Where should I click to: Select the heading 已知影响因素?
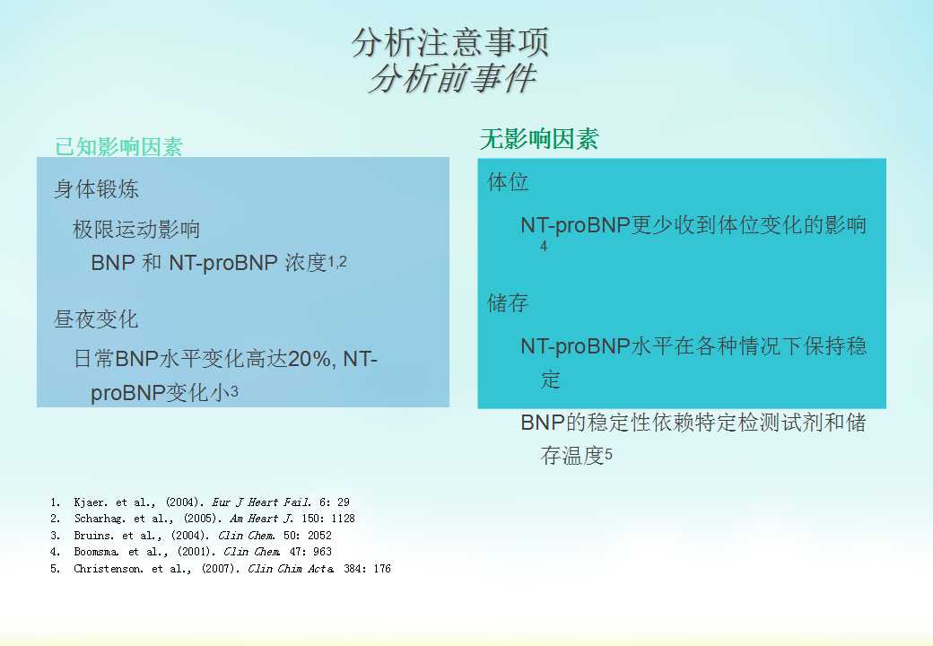point(118,146)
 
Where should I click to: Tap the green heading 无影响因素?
point(539,139)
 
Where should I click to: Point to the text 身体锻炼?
point(96,189)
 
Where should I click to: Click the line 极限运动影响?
point(136,229)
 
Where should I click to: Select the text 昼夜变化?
point(96,319)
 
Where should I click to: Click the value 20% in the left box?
point(310,359)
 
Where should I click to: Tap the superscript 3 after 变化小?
point(234,391)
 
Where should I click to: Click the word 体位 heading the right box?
point(508,181)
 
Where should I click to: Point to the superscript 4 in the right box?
point(544,246)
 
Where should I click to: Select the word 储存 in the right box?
point(508,302)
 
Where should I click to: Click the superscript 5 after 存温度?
point(609,455)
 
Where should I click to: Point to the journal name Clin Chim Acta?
point(291,569)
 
